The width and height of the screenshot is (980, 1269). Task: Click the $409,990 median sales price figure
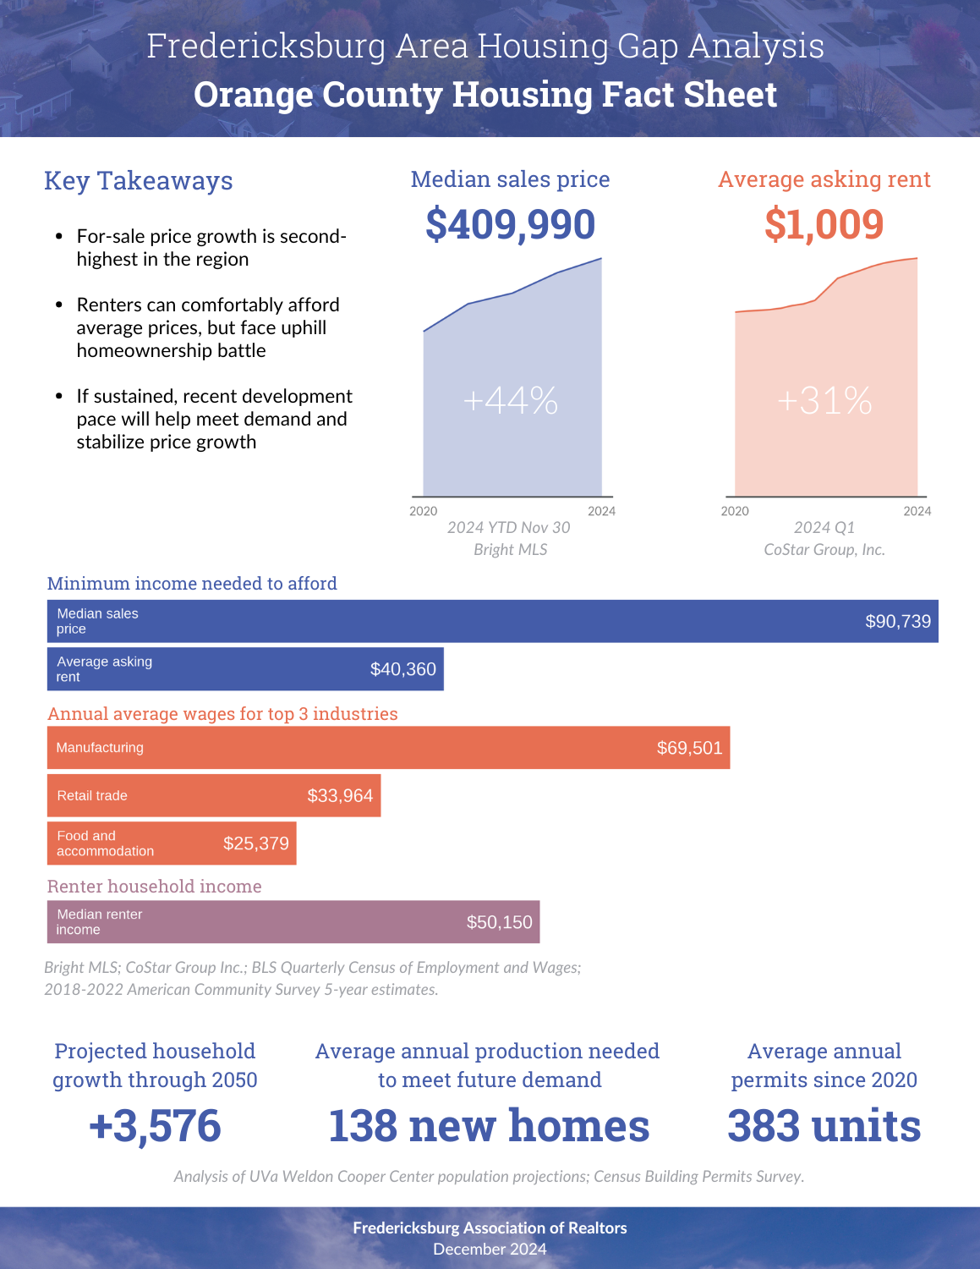tap(510, 224)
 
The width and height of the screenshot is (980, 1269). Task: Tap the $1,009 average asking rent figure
tap(824, 224)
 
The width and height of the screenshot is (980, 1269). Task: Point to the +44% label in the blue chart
tap(511, 401)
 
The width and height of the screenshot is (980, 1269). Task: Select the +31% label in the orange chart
tap(824, 401)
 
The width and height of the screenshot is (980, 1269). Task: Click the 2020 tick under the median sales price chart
tap(423, 511)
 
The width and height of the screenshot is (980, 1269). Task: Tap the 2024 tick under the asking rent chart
tap(917, 511)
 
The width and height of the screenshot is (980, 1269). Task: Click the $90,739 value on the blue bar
tap(898, 621)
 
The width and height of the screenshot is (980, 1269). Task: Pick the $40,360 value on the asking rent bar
tap(402, 669)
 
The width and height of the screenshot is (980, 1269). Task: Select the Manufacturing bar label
tap(100, 748)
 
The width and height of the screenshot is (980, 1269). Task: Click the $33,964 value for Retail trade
tap(340, 795)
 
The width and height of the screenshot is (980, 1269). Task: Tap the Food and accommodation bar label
tap(105, 843)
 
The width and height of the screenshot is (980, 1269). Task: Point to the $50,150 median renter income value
tap(499, 922)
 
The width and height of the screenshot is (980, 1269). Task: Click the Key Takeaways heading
tap(139, 180)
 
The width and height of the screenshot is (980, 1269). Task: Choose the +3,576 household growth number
tap(155, 1125)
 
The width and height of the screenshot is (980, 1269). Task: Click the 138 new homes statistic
tap(489, 1125)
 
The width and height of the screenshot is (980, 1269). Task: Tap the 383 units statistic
tap(824, 1125)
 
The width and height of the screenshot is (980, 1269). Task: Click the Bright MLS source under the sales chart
tap(511, 550)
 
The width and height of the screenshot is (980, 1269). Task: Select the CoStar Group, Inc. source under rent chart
tap(824, 550)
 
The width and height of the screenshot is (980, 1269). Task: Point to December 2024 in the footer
tap(490, 1250)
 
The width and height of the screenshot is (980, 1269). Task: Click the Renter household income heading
tap(154, 886)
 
